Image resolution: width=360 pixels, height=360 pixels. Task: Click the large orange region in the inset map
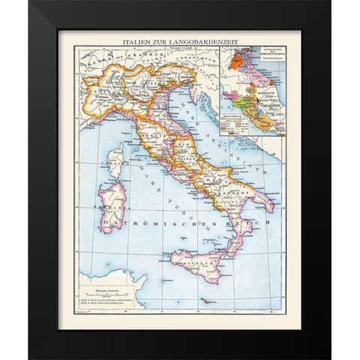(236, 61)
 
